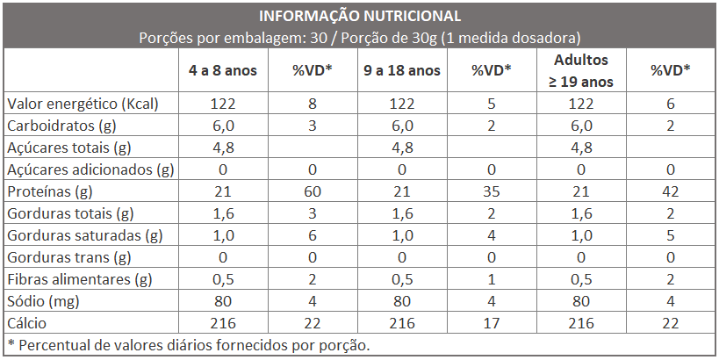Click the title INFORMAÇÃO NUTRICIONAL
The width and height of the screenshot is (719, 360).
359,16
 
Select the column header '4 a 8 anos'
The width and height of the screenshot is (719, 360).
223,71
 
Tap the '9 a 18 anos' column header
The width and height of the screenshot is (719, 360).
402,71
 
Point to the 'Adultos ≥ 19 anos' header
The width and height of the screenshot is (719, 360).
581,71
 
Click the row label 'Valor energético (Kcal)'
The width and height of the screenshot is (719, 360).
83,104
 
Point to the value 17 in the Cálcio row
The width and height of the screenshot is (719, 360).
491,323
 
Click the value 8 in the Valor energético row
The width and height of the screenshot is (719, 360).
312,104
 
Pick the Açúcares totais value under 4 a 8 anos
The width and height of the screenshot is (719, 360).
223,148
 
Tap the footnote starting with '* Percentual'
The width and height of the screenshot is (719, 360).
188,344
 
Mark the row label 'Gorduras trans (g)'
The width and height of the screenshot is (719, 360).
68,257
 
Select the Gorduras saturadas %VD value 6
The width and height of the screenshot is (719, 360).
312,235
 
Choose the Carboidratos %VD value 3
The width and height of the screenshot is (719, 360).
312,126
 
